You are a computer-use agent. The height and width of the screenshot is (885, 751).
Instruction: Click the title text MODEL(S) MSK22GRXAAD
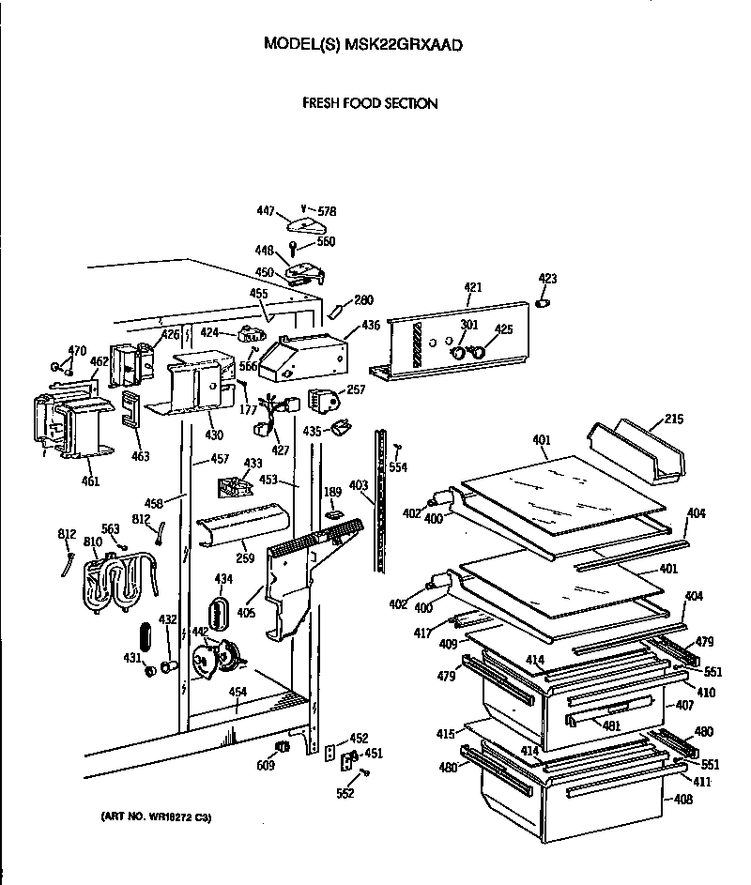[362, 44]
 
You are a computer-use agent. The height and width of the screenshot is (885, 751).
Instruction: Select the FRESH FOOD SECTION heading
[369, 103]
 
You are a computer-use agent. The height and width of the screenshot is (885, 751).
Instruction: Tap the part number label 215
[674, 419]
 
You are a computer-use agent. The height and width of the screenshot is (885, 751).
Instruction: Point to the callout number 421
[473, 287]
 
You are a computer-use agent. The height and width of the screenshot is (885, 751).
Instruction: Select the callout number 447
[266, 212]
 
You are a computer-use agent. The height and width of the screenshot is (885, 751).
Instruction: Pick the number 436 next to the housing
[371, 325]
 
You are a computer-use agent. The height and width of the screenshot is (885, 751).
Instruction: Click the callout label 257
[356, 389]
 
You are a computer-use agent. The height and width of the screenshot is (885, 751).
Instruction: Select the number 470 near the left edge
[78, 351]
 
